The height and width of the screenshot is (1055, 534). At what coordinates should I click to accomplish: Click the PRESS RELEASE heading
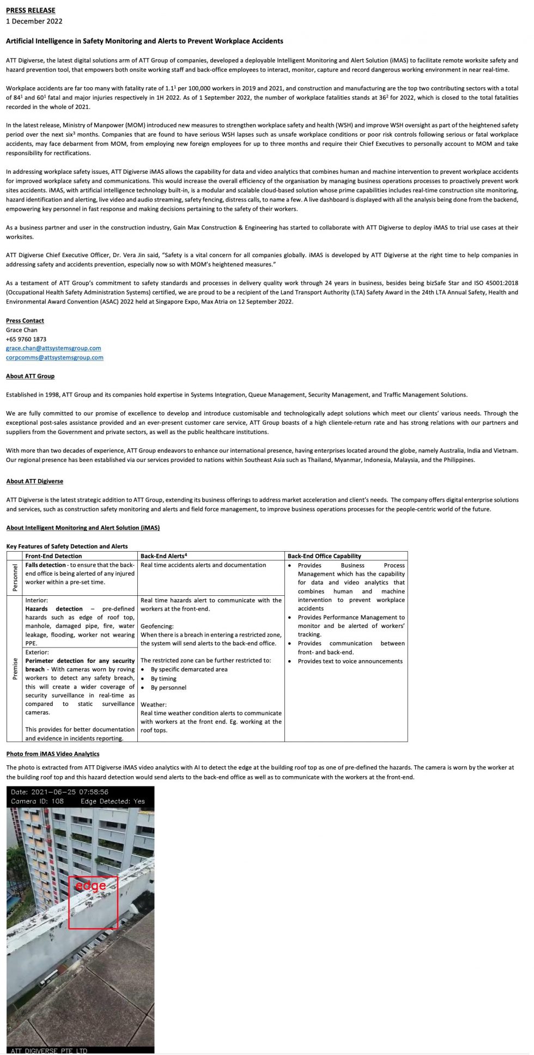click(x=31, y=10)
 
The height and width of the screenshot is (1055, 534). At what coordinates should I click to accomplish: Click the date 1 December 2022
click(x=34, y=21)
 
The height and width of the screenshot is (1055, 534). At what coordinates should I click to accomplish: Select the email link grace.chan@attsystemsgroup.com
click(x=53, y=348)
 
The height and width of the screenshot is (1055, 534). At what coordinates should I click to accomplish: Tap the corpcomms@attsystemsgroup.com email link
click(x=54, y=357)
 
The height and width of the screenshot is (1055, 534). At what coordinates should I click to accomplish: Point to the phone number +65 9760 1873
click(x=26, y=339)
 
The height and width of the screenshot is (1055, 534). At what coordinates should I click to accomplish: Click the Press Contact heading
click(x=25, y=320)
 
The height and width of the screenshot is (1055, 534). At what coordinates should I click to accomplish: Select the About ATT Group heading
click(x=30, y=376)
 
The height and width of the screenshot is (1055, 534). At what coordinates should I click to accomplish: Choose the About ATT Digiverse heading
click(x=34, y=481)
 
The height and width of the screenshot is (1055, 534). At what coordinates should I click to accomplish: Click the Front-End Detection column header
click(x=53, y=556)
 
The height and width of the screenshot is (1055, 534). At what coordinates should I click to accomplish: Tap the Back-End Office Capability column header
click(x=324, y=556)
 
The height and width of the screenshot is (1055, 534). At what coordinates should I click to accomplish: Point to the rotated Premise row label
click(x=15, y=669)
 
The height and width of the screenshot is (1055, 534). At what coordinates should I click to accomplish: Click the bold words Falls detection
click(x=45, y=565)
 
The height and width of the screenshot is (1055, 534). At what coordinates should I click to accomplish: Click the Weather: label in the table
click(x=154, y=704)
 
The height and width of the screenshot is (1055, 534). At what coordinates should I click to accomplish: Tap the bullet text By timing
click(x=163, y=679)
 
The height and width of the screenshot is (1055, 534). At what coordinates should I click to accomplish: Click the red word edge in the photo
click(x=90, y=885)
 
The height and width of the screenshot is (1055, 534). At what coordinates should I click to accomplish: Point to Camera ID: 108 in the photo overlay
click(x=37, y=801)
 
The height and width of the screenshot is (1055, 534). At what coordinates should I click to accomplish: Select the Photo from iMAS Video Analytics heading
click(x=53, y=754)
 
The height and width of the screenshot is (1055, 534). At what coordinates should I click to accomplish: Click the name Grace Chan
click(x=22, y=330)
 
